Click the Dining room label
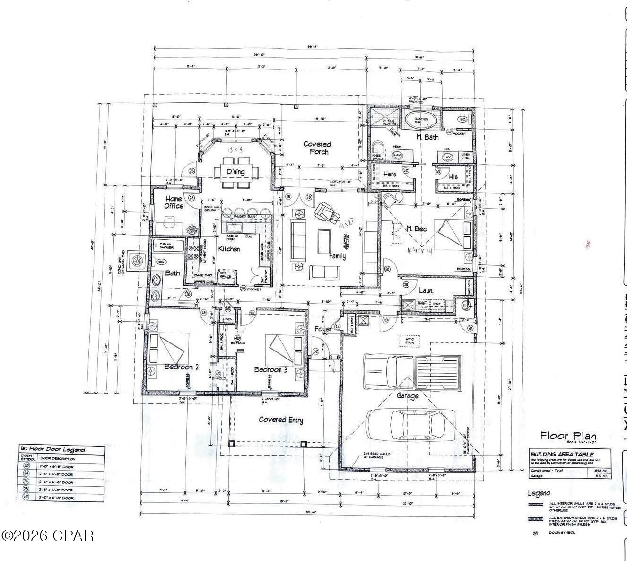(x=235, y=172)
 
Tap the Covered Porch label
(x=317, y=148)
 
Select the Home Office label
(x=174, y=202)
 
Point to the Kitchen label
(x=229, y=249)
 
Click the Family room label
(x=337, y=256)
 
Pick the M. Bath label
(x=427, y=137)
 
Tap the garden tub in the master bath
(x=421, y=120)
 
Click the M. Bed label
(x=417, y=229)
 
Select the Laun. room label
(x=426, y=291)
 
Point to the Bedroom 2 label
(x=182, y=367)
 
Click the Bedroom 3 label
(x=270, y=369)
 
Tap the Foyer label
(x=323, y=329)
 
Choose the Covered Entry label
(x=281, y=420)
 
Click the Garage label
(x=408, y=395)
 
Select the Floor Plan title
(x=568, y=436)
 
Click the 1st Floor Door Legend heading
(x=52, y=449)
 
